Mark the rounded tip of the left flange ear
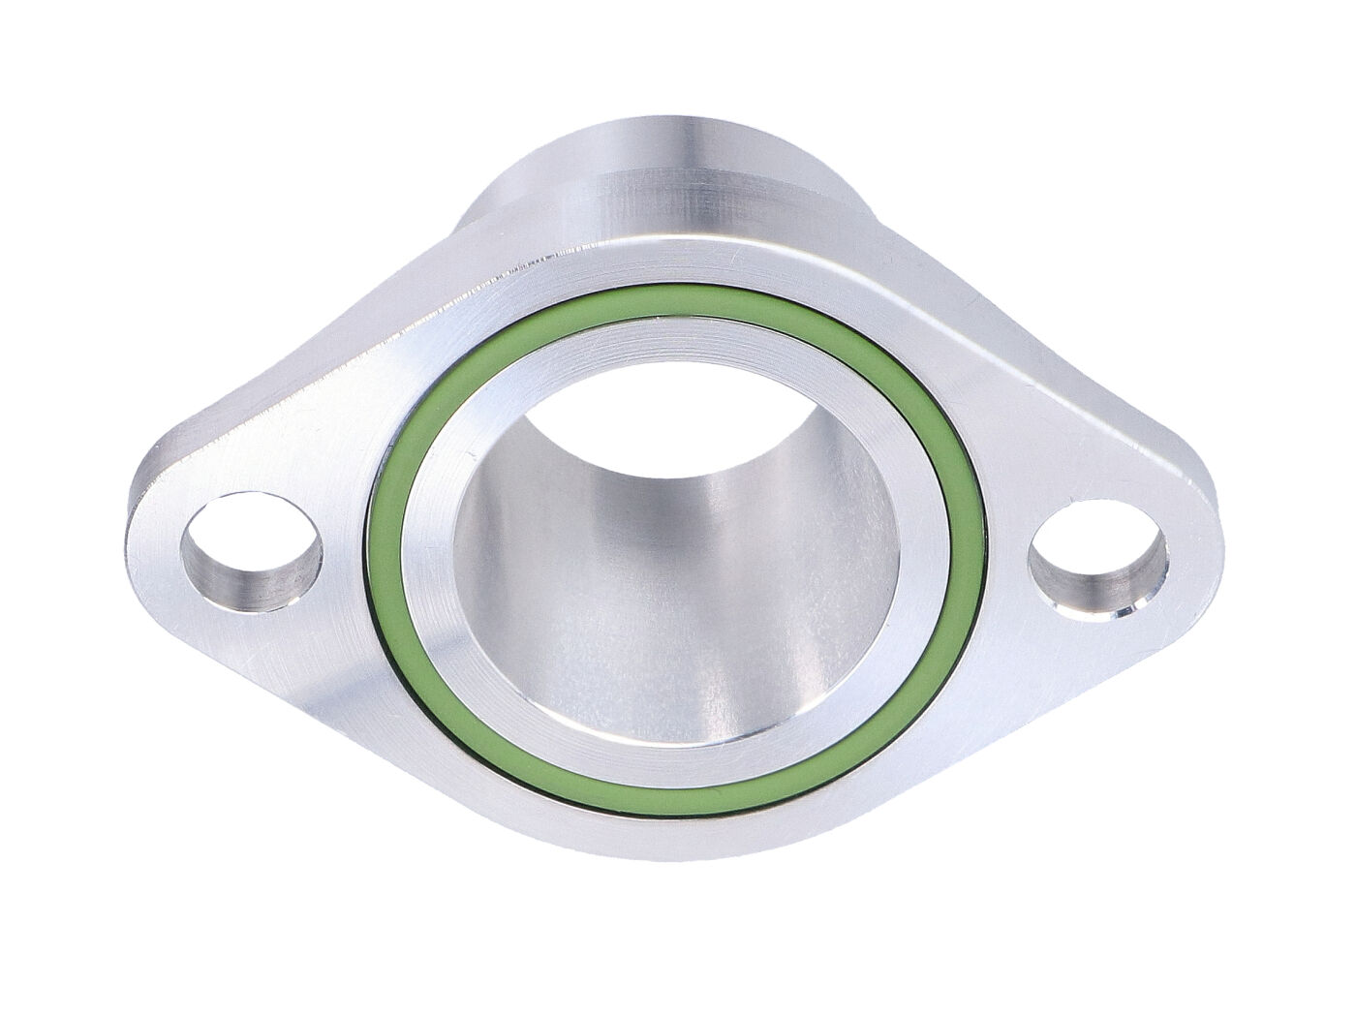pyautogui.click(x=136, y=542)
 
